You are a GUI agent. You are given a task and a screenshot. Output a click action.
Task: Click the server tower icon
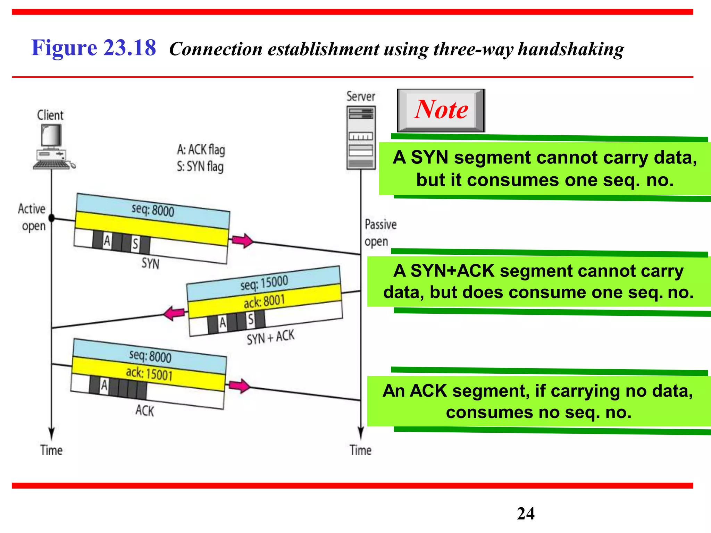pyautogui.click(x=361, y=137)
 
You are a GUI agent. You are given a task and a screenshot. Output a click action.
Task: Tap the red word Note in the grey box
pyautogui.click(x=441, y=110)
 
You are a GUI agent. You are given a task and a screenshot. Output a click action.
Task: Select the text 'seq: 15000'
pyautogui.click(x=264, y=283)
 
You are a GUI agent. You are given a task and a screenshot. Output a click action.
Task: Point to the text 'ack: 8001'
pyautogui.click(x=264, y=301)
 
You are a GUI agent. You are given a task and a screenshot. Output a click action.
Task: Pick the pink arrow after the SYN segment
pyautogui.click(x=243, y=240)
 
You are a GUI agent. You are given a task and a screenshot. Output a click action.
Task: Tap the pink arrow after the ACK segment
pyautogui.click(x=239, y=386)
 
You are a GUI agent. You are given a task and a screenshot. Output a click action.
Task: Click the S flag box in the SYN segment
pyautogui.click(x=135, y=244)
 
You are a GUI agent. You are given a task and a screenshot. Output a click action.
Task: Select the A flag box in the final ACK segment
pyautogui.click(x=104, y=386)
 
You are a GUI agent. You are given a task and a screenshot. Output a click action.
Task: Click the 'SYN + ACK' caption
pyautogui.click(x=270, y=337)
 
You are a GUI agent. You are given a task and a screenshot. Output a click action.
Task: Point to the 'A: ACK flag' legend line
pyautogui.click(x=201, y=150)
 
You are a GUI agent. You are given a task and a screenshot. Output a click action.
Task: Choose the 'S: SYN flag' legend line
pyautogui.click(x=200, y=167)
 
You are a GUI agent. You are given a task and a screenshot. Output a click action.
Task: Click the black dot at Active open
pyautogui.click(x=52, y=218)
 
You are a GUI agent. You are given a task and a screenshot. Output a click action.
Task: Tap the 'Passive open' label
pyautogui.click(x=380, y=233)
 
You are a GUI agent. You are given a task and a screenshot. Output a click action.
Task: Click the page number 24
pyautogui.click(x=526, y=514)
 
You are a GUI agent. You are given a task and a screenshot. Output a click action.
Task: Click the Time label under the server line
pyautogui.click(x=360, y=450)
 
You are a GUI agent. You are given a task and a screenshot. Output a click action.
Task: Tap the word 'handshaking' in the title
pyautogui.click(x=571, y=49)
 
